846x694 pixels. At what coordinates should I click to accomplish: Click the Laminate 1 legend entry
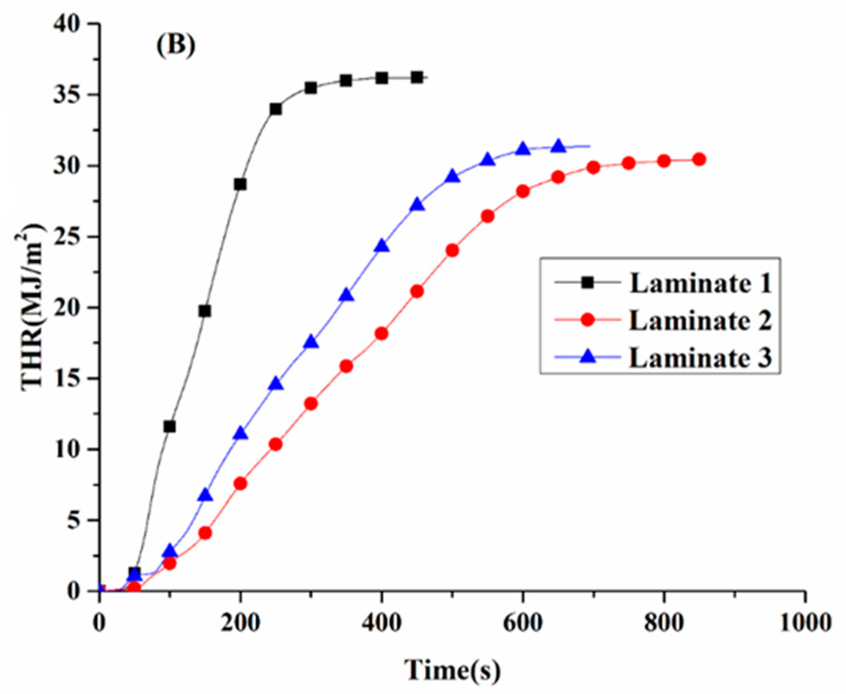(x=700, y=283)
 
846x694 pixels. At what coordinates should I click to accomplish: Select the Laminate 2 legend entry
(x=700, y=320)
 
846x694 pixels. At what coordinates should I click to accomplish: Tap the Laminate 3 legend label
(x=700, y=357)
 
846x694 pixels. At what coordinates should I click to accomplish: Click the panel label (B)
(x=176, y=46)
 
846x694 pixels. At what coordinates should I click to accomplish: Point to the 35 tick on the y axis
(x=67, y=95)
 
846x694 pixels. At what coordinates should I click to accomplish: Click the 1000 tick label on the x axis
(x=805, y=622)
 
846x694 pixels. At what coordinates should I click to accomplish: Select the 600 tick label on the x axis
(x=523, y=622)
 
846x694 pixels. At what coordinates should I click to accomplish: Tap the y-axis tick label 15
(x=67, y=379)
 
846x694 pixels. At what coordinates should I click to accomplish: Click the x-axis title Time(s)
(x=452, y=670)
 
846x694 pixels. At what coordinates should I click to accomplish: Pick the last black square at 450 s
(x=417, y=78)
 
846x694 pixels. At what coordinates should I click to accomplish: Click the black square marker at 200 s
(x=240, y=184)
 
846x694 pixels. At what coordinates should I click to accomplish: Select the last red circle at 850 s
(x=699, y=160)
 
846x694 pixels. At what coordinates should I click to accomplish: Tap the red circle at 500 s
(x=452, y=250)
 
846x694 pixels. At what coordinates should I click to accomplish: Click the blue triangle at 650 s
(x=558, y=147)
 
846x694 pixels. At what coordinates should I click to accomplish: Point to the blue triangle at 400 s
(x=382, y=246)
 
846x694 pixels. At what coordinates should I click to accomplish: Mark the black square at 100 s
(x=170, y=427)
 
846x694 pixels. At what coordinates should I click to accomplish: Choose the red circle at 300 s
(x=311, y=404)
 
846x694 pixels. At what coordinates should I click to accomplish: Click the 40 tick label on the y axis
(x=67, y=24)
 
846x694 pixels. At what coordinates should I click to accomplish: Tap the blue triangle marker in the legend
(x=588, y=356)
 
